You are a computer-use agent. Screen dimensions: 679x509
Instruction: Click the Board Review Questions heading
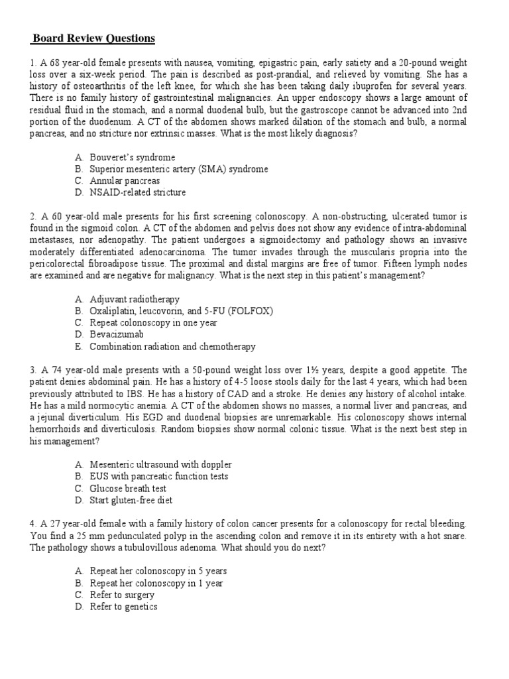tap(95, 38)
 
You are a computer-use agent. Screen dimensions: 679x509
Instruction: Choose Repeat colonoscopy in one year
tap(153, 323)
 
